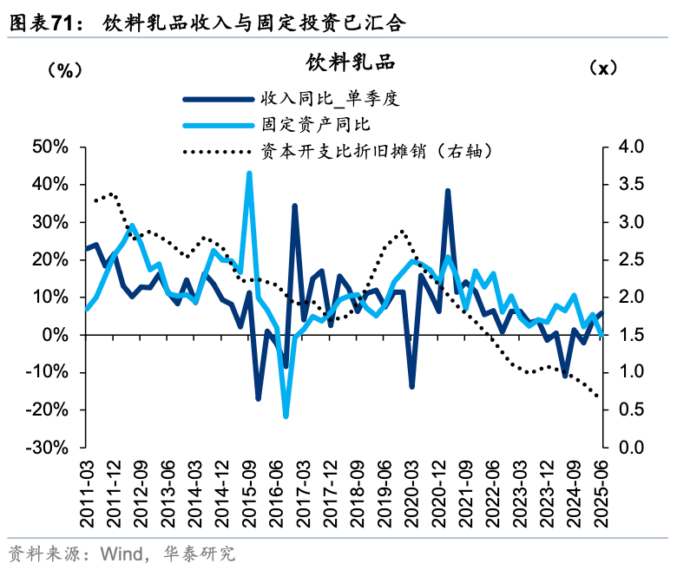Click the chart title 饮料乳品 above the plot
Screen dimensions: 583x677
coord(350,62)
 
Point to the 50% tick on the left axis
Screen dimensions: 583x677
coord(49,147)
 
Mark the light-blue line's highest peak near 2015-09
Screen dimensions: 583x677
coord(250,174)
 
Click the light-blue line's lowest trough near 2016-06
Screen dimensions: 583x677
coord(286,416)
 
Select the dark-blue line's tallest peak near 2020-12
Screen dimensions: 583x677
coord(448,191)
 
